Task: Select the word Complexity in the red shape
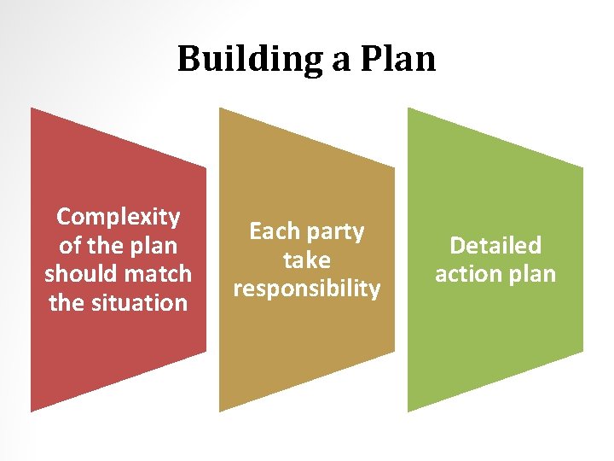118,217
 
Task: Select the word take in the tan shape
306,260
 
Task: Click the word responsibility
306,289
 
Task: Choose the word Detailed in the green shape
495,246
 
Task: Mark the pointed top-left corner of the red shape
32,108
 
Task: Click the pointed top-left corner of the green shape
408,108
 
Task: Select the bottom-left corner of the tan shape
220,411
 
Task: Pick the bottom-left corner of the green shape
408,411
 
